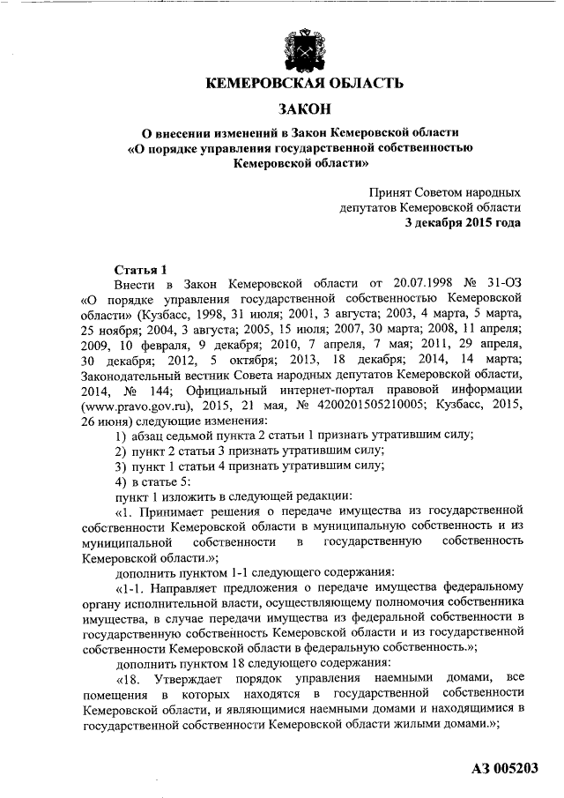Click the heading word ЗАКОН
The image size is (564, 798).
click(x=304, y=108)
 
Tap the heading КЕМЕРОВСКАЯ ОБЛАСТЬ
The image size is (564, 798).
click(x=304, y=84)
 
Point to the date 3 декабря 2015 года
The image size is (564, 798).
click(x=463, y=222)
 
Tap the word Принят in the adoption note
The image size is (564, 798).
click(x=391, y=190)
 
